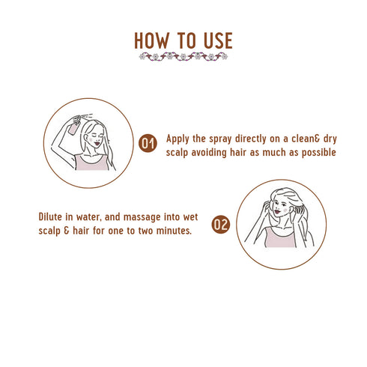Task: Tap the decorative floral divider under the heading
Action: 183,56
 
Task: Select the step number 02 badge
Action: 220,224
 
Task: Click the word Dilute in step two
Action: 52,217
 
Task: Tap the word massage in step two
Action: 142,217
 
